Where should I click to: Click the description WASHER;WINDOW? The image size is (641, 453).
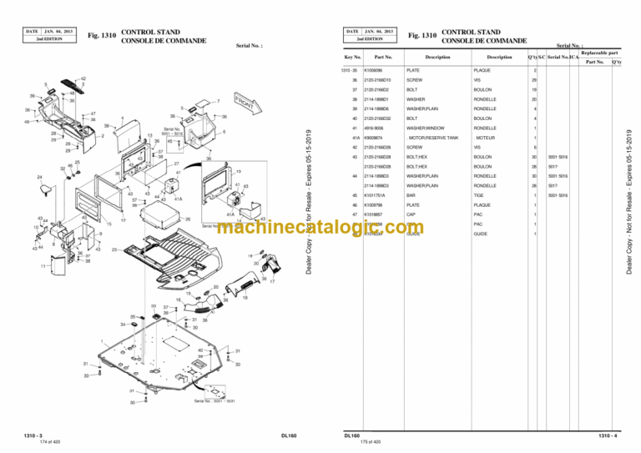pos(421,128)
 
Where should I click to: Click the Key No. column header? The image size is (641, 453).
pos(352,57)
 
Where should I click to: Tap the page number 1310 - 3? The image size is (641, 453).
pos(35,435)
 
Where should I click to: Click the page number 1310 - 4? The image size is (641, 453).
pos(608,435)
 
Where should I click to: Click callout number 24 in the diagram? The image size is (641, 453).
pos(40,177)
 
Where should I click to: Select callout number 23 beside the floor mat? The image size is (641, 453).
pos(114,249)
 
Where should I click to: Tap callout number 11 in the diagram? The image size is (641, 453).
pos(43,267)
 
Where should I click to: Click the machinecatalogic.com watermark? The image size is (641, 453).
pos(320,228)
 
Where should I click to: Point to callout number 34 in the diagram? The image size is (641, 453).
pos(124,325)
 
